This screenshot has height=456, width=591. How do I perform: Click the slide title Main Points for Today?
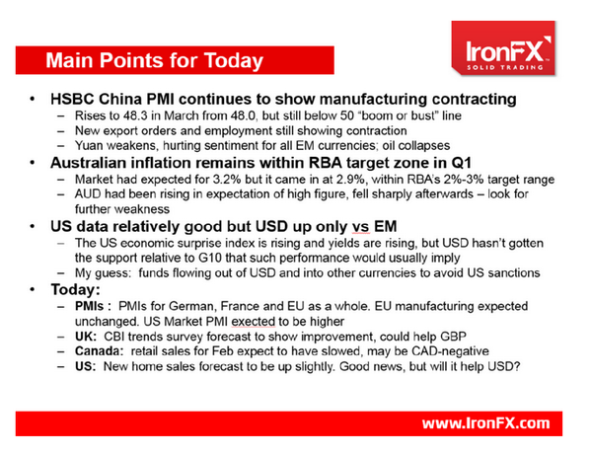pyautogui.click(x=155, y=59)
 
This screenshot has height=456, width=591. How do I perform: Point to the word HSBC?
pyautogui.click(x=76, y=101)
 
